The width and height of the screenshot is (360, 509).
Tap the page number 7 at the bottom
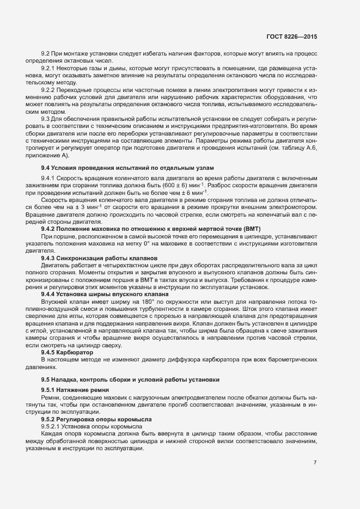tap(315, 463)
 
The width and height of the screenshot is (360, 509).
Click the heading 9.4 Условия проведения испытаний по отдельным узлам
tap(128, 167)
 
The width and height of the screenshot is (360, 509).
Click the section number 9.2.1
tap(49, 70)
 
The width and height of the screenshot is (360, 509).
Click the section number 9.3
tap(46, 119)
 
